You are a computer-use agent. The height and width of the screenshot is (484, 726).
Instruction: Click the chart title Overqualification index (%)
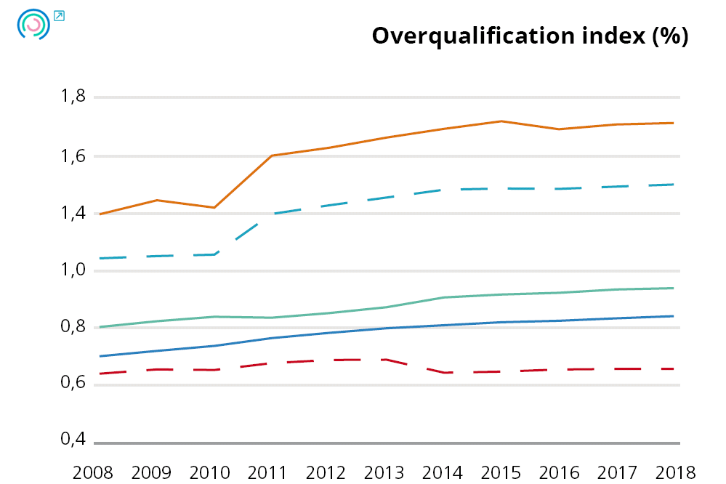pos(530,36)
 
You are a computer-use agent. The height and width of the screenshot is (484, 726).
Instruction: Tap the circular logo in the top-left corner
pos(33,25)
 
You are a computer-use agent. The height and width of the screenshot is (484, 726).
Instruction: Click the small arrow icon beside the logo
pos(59,15)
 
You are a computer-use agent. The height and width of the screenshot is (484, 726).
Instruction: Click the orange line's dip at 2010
pos(215,208)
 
